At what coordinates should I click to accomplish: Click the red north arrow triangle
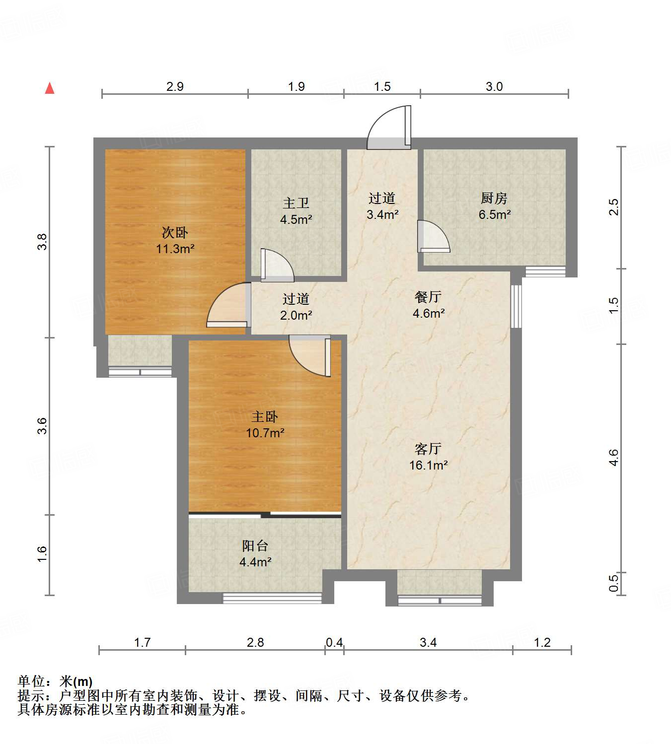tap(50, 88)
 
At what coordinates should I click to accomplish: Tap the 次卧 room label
tap(175, 232)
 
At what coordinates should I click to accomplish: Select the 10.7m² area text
tap(265, 433)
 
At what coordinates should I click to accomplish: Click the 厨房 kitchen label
tap(494, 199)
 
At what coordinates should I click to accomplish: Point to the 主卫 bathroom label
tap(296, 203)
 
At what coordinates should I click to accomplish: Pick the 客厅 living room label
tap(428, 449)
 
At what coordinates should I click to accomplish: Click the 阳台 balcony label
tap(255, 546)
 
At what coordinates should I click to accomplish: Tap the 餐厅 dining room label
tap(428, 297)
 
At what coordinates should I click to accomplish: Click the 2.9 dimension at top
tap(175, 87)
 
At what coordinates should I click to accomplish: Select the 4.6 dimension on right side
tap(614, 457)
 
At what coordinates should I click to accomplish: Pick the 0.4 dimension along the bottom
tap(334, 643)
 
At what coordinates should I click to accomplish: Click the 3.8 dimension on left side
tap(43, 242)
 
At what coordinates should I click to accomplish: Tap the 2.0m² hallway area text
tap(296, 315)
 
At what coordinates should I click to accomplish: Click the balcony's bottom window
tap(272, 598)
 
